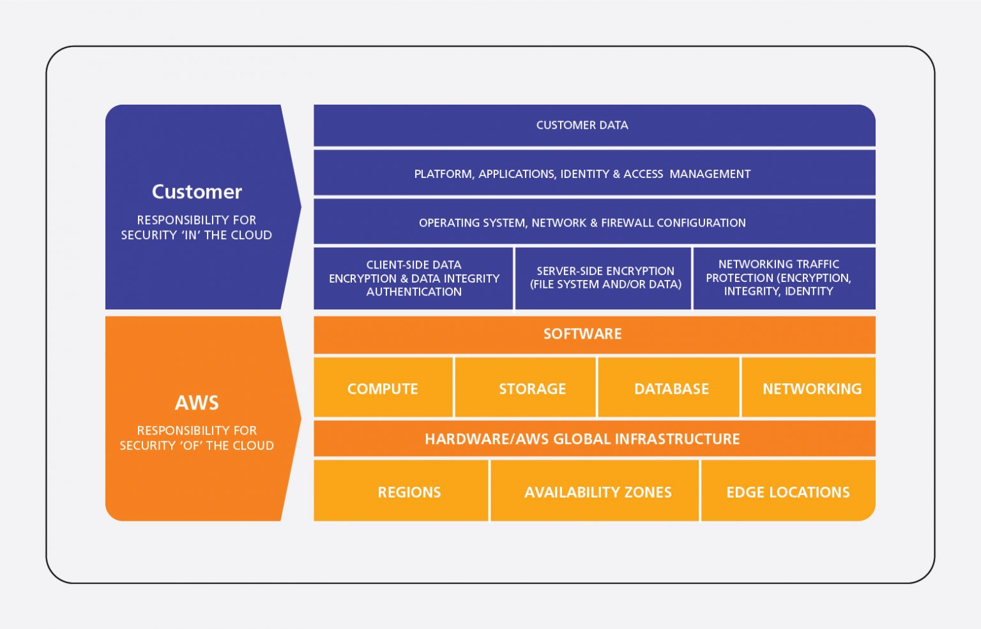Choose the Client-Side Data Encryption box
[x=413, y=278]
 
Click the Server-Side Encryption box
[x=605, y=278]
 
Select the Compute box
[x=383, y=389]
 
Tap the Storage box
[x=531, y=389]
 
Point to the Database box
[x=671, y=389]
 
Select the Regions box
[x=409, y=492]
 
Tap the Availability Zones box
[x=597, y=492]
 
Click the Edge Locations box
[x=787, y=492]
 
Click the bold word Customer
[x=197, y=192]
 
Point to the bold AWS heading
[x=197, y=403]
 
